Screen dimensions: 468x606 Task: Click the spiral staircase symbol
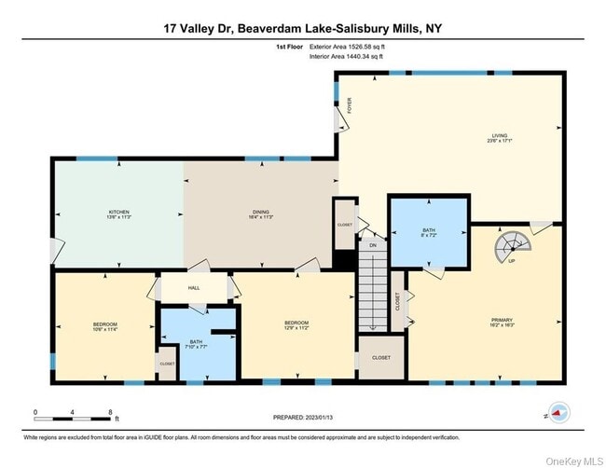[509, 247]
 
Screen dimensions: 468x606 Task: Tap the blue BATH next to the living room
[428, 232]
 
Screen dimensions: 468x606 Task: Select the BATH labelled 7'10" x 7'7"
[196, 344]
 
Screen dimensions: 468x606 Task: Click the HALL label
[194, 287]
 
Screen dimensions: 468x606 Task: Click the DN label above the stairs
[372, 245]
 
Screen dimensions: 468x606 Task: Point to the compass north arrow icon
[558, 410]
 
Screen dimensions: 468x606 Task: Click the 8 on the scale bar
[110, 412]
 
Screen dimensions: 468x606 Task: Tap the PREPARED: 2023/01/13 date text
[303, 418]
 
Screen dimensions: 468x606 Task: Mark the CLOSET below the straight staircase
[380, 357]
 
